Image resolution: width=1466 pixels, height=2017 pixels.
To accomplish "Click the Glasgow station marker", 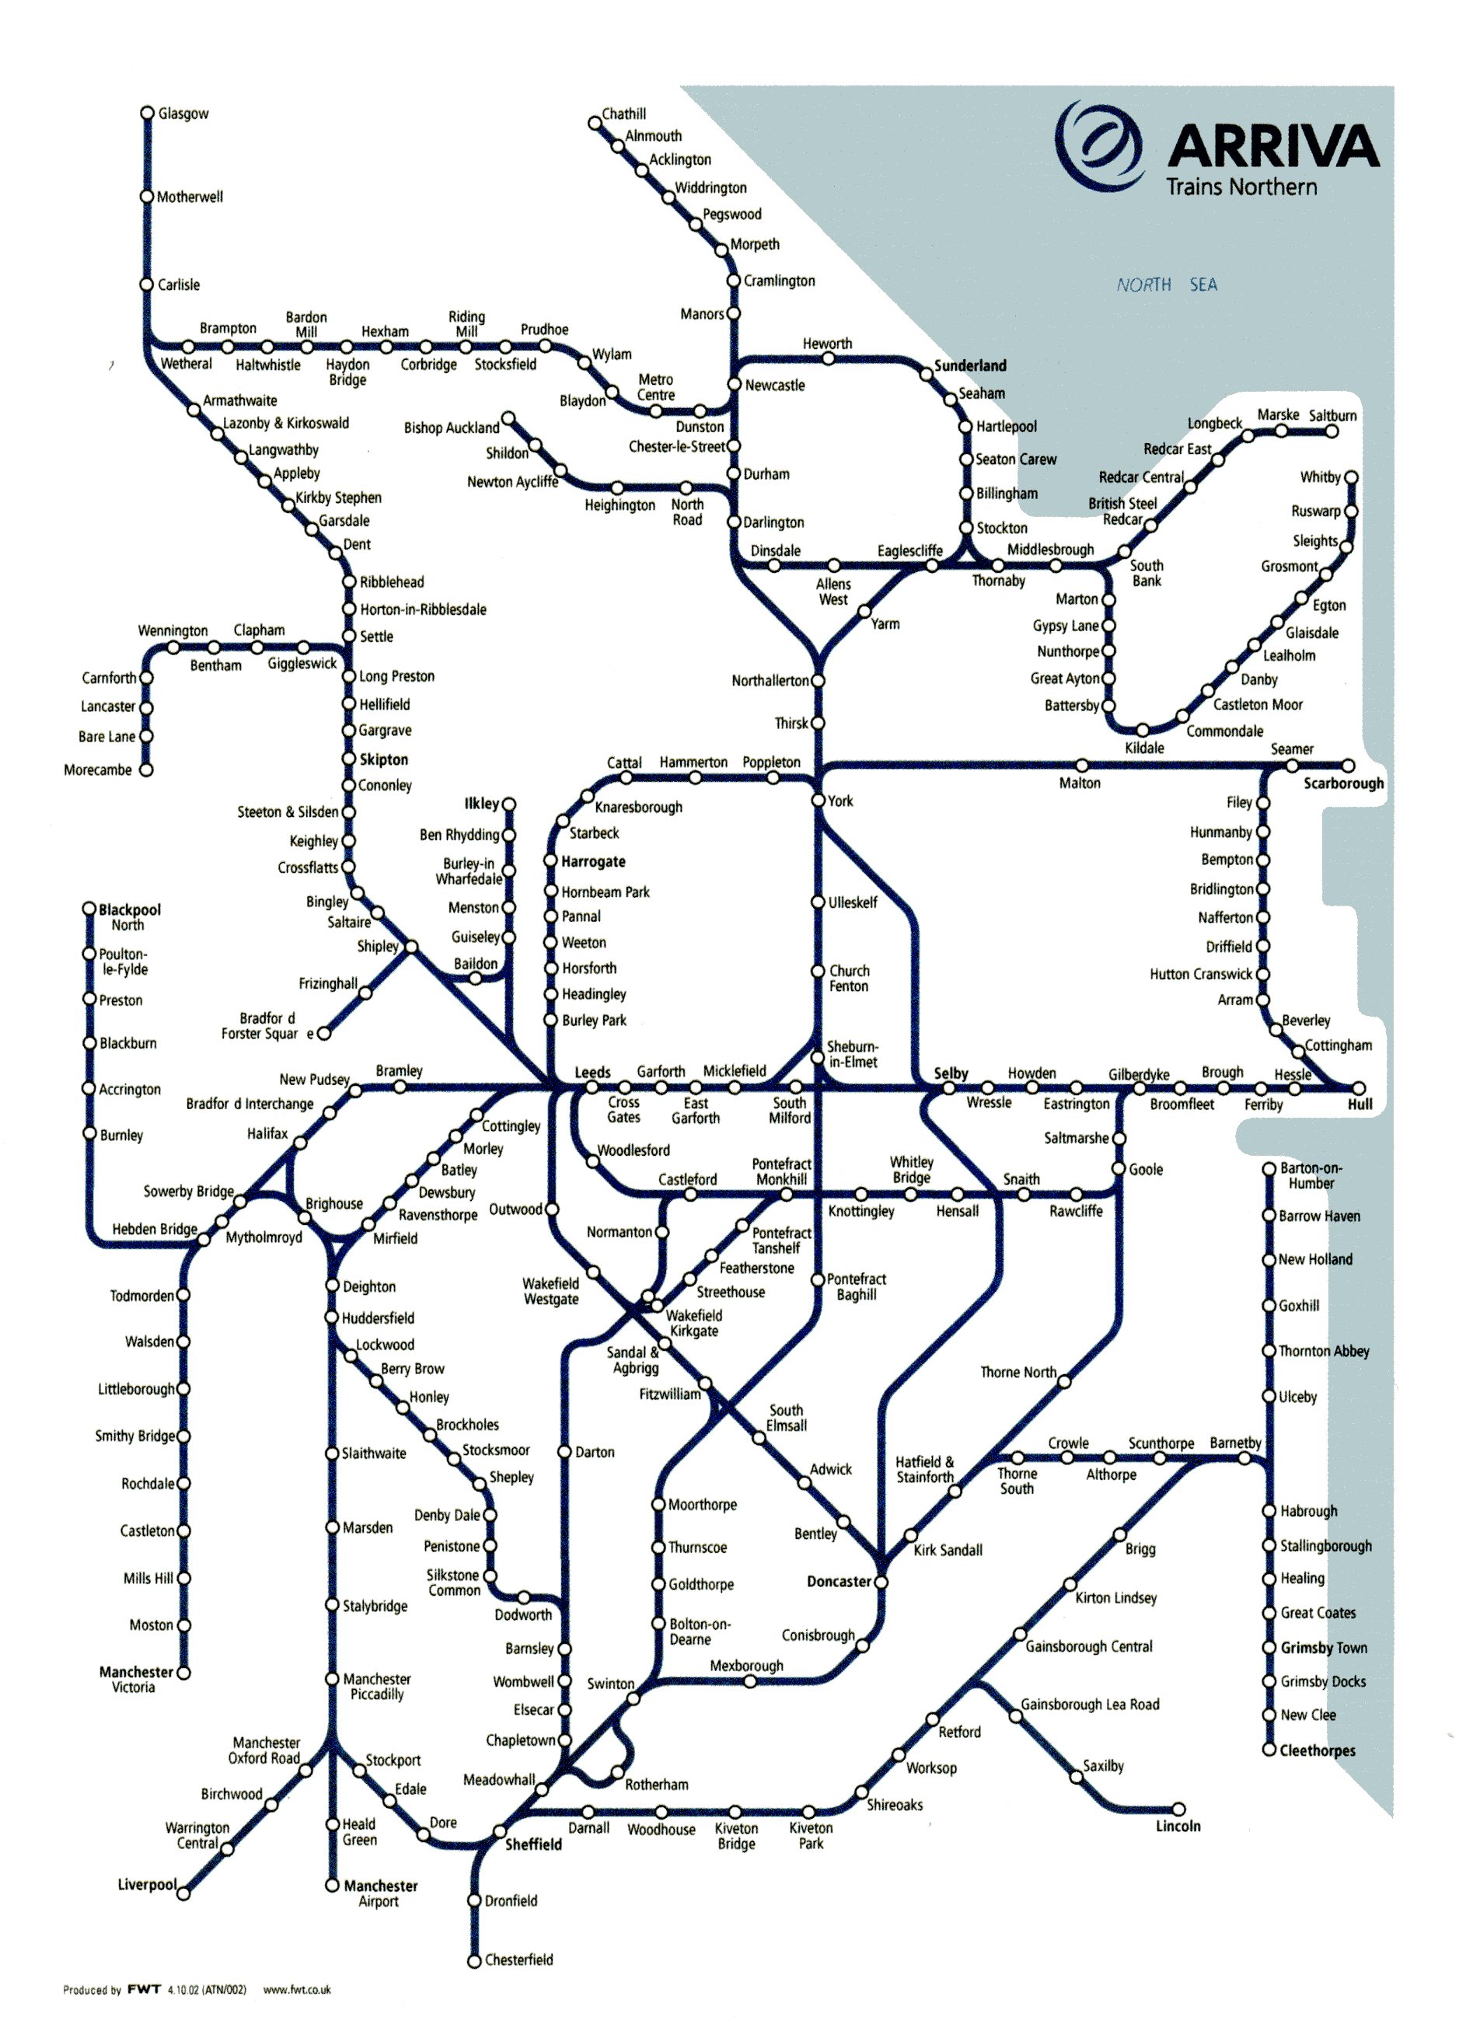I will (148, 113).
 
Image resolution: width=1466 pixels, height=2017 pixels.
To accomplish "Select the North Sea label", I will (1166, 284).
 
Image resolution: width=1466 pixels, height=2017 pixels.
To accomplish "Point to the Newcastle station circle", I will (734, 384).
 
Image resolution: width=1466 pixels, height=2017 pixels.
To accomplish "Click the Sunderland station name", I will (969, 365).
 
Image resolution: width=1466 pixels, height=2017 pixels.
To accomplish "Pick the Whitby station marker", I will (1351, 477).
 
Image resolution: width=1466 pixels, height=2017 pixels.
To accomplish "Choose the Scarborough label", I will (1343, 783).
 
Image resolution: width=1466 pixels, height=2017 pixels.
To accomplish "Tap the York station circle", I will (819, 801).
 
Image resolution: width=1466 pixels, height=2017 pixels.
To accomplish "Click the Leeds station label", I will (592, 1073).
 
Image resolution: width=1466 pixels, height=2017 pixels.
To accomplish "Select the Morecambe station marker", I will (146, 770).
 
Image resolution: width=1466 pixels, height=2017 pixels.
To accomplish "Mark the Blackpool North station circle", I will (89, 909).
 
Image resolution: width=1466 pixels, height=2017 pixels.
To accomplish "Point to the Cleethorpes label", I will (1318, 1750).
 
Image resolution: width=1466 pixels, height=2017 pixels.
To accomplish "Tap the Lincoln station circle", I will (1178, 1809).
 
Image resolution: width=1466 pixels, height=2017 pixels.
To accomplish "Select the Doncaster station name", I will (838, 1582).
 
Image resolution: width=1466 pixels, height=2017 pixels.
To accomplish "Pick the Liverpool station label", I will (147, 1885).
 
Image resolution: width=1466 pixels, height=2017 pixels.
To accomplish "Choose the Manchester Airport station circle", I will (332, 1885).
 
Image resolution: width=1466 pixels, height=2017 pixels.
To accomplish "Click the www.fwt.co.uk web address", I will (297, 1991).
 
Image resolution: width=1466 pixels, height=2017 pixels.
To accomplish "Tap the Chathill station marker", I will (595, 123).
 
